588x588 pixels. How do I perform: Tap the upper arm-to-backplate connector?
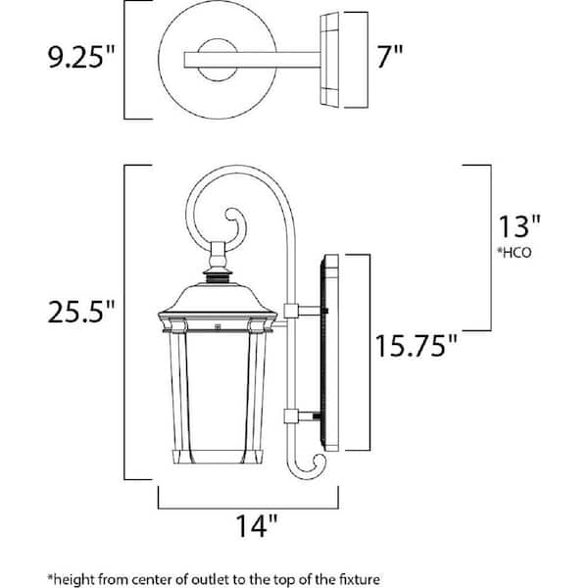coord(290,311)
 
